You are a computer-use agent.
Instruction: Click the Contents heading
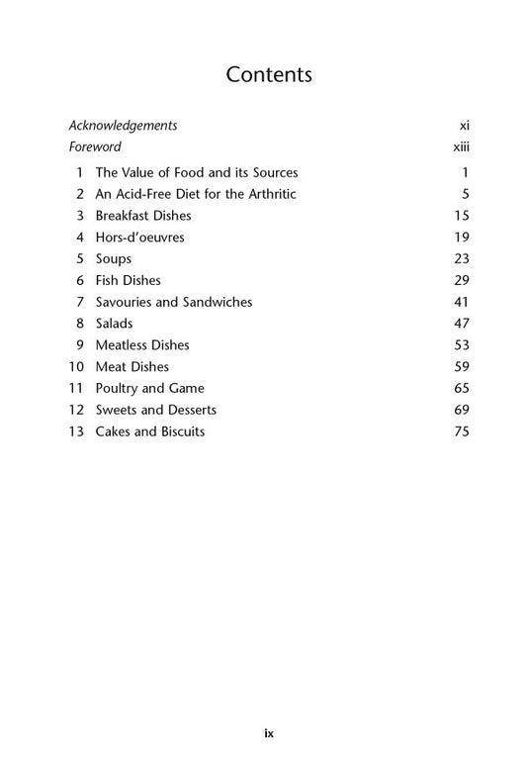pyautogui.click(x=269, y=74)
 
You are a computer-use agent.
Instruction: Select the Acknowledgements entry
pyautogui.click(x=123, y=126)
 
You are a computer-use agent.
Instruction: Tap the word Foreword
pyautogui.click(x=95, y=147)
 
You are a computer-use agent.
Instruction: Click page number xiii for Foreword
pyautogui.click(x=459, y=147)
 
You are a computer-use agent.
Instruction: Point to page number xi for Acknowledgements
pyautogui.click(x=464, y=126)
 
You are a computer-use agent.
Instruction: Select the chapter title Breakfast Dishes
pyautogui.click(x=143, y=216)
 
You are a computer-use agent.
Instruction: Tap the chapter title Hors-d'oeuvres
pyautogui.click(x=139, y=238)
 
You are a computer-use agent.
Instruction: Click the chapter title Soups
pyautogui.click(x=114, y=259)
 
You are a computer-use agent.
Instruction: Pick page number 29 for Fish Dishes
pyautogui.click(x=461, y=281)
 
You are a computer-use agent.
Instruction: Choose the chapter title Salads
pyautogui.click(x=114, y=324)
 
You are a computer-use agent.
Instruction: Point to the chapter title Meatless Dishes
pyautogui.click(x=142, y=345)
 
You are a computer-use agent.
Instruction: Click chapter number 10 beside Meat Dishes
pyautogui.click(x=76, y=367)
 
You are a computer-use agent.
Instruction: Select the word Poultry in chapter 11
pyautogui.click(x=118, y=389)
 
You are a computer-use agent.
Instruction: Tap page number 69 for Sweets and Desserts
pyautogui.click(x=461, y=410)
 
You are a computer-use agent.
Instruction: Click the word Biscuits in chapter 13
pyautogui.click(x=179, y=431)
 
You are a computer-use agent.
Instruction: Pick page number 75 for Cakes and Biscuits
pyautogui.click(x=461, y=431)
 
